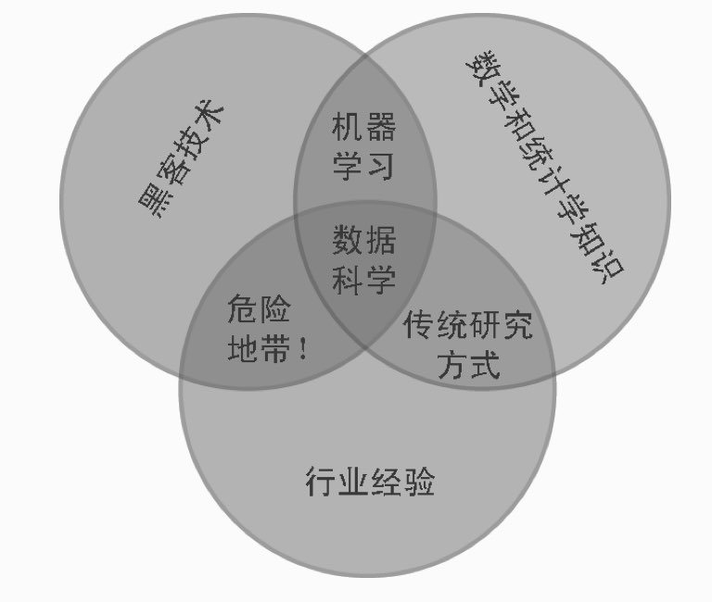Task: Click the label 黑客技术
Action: (181, 162)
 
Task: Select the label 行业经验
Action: (369, 483)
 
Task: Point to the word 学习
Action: (363, 166)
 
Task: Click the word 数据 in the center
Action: (363, 240)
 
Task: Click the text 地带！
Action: (265, 351)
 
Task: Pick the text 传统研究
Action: (468, 325)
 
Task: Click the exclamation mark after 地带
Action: (302, 351)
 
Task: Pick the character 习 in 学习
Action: (380, 166)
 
